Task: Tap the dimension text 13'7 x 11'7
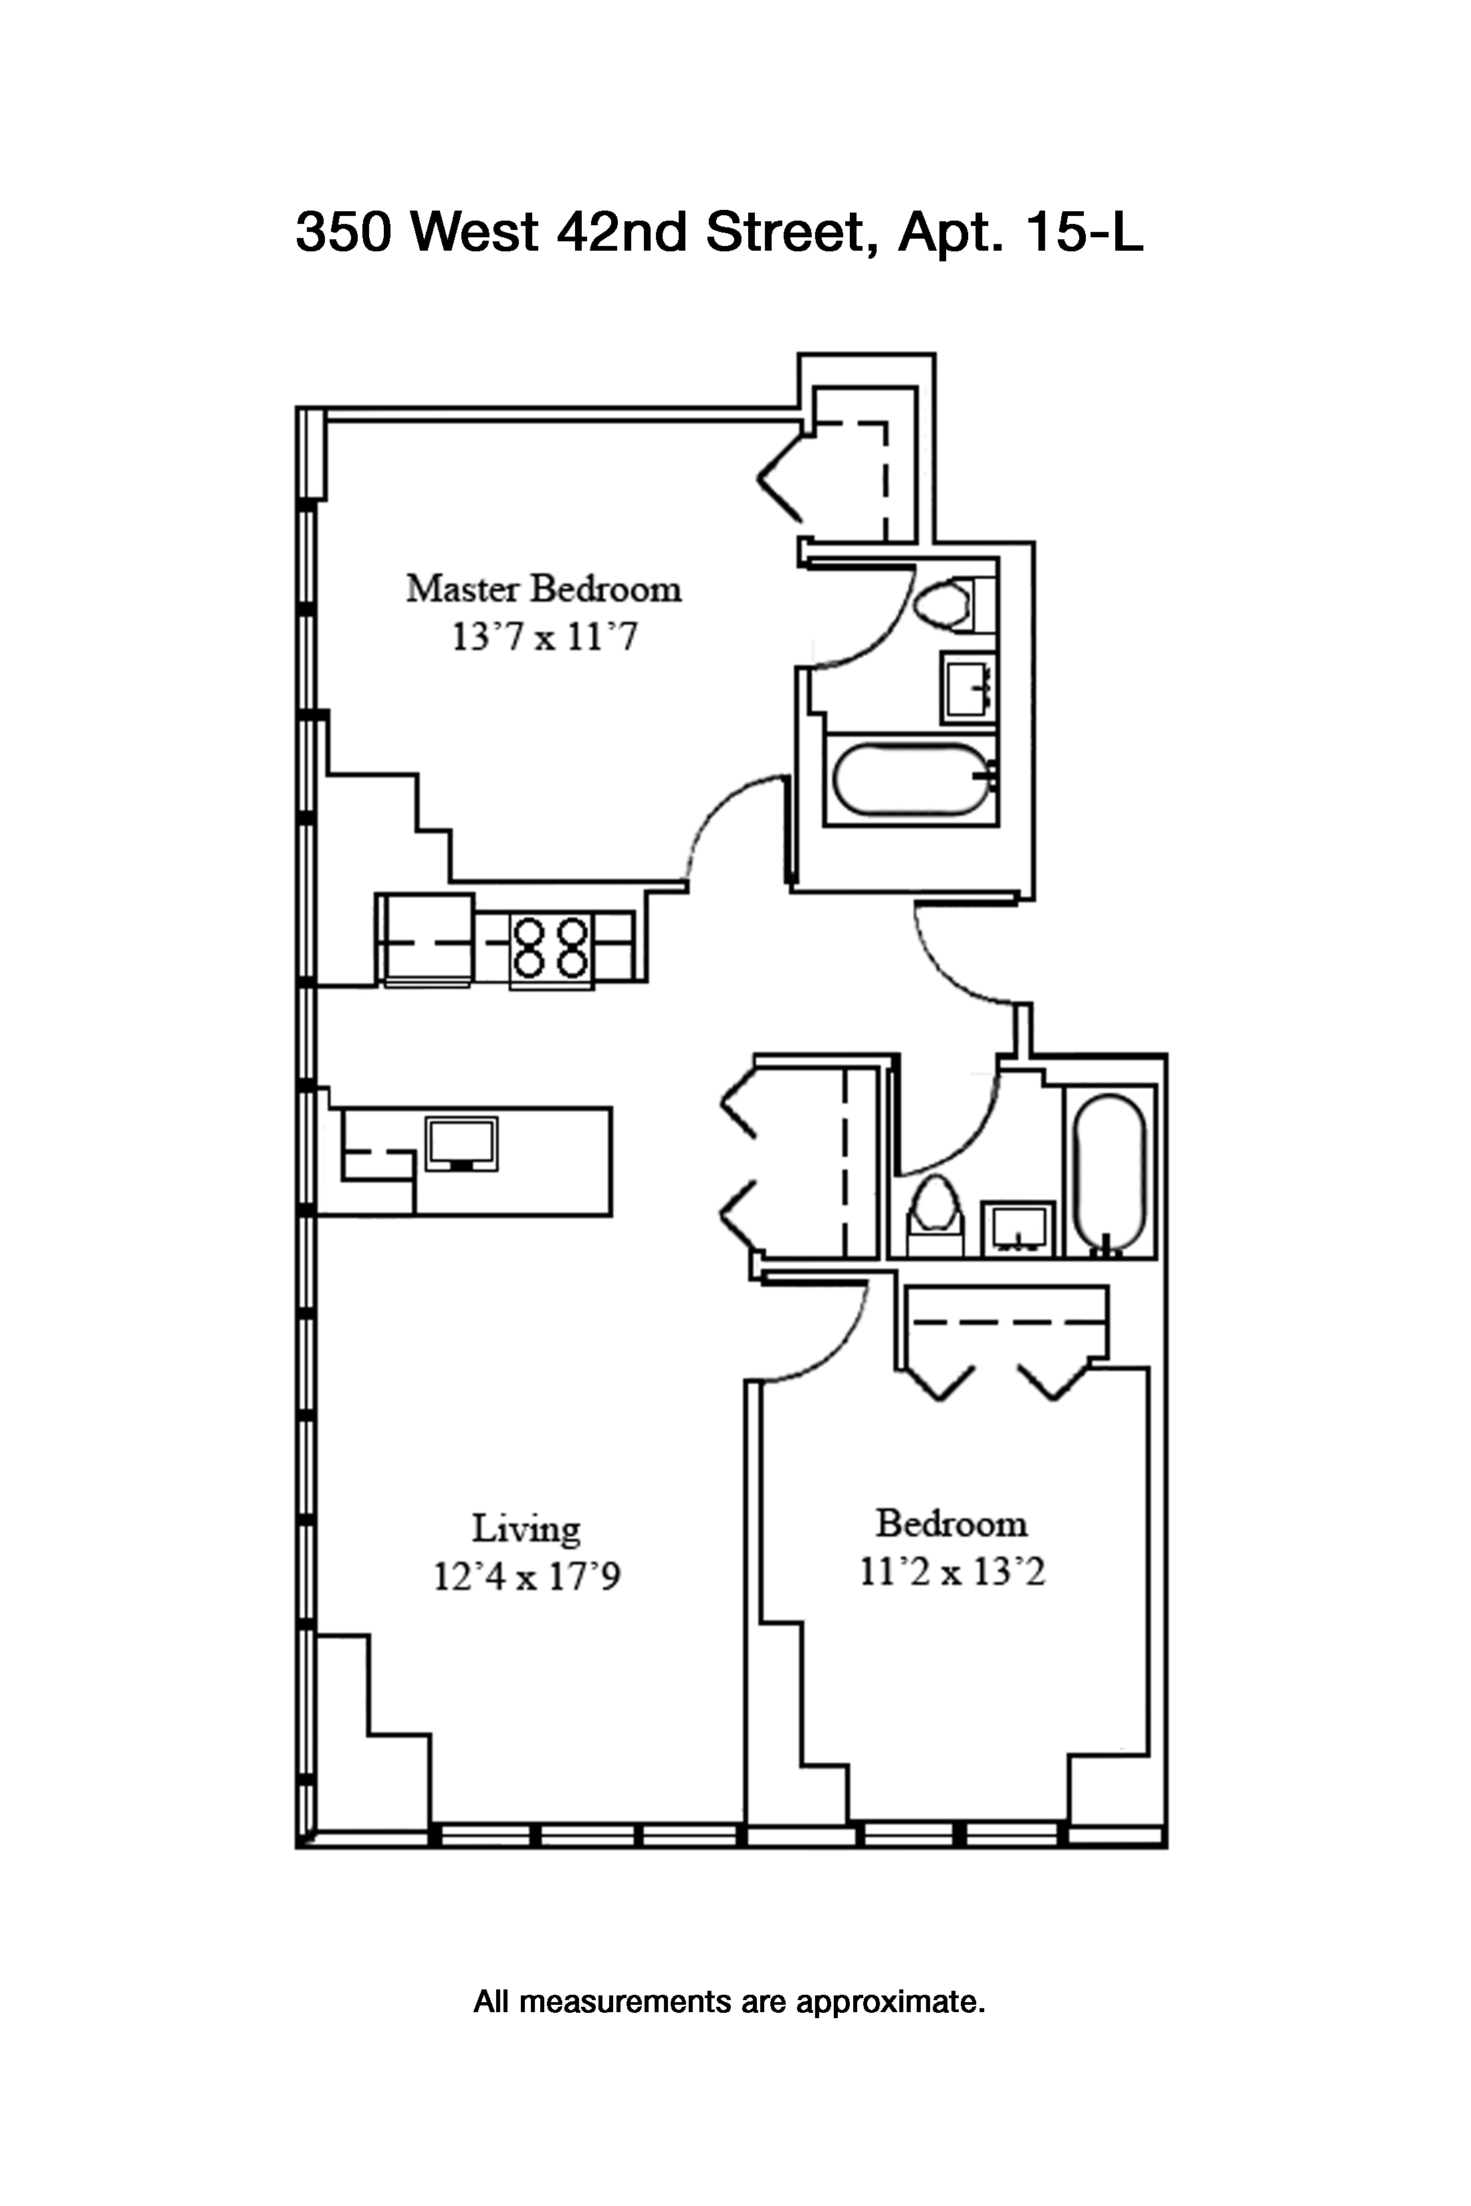[x=544, y=638]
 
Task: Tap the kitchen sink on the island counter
[x=461, y=1142]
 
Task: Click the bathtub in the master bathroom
[x=909, y=779]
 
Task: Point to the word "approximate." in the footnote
[x=891, y=2003]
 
